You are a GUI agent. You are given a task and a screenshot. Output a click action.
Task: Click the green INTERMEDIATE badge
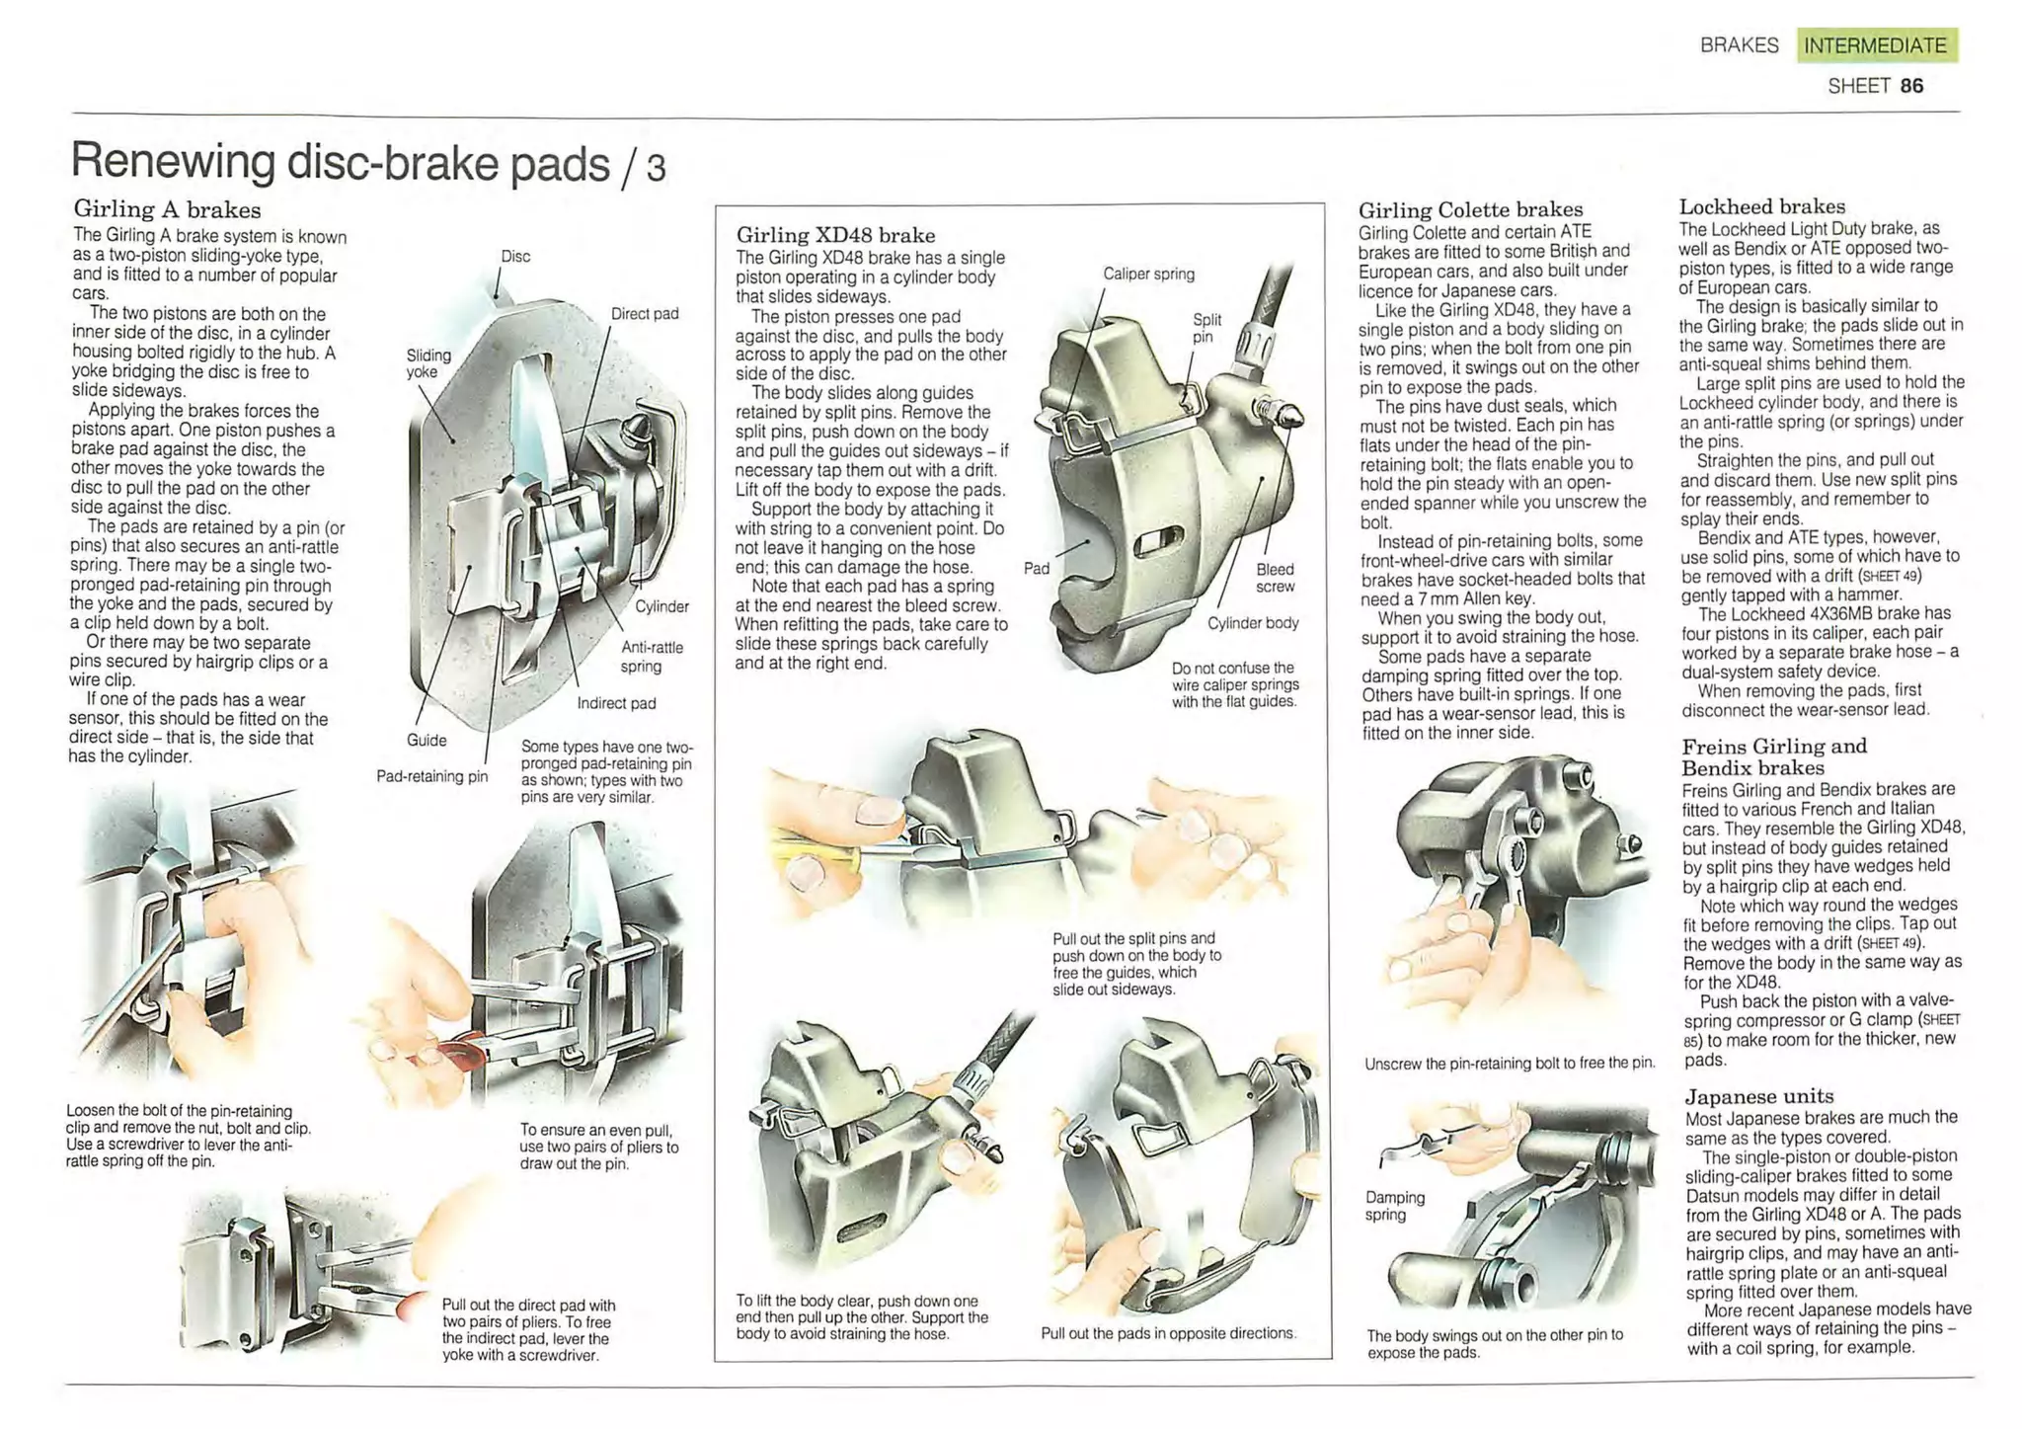(1876, 45)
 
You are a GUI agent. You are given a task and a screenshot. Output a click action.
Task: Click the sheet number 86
(1911, 86)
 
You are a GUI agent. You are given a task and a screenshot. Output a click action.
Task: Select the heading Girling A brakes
(168, 209)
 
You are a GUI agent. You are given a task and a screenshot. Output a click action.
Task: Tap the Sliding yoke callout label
(428, 362)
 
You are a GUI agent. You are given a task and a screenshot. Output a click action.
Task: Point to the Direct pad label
(645, 314)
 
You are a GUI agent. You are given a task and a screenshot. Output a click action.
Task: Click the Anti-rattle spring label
(652, 657)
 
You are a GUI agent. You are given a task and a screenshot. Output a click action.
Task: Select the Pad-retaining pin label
(432, 776)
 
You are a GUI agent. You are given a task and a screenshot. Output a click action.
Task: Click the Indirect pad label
(616, 703)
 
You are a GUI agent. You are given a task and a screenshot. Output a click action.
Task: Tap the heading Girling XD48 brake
(835, 235)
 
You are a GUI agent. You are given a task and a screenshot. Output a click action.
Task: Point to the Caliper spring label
(1148, 274)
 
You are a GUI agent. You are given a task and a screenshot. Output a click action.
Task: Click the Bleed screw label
(1275, 578)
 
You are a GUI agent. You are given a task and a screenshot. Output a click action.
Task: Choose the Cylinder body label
(1253, 623)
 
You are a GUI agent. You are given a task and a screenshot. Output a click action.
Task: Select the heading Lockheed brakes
(1761, 206)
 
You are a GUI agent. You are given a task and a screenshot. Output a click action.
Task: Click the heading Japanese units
(1758, 1096)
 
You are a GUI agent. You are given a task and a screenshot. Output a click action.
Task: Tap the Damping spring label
(1394, 1206)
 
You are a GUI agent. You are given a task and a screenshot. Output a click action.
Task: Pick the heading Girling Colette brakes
(1470, 209)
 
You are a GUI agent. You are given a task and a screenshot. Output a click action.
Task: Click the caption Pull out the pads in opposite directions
(1168, 1333)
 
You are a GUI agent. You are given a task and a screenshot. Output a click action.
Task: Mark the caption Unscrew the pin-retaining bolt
(1509, 1064)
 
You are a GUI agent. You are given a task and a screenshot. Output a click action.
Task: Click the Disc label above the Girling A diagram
(515, 257)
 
